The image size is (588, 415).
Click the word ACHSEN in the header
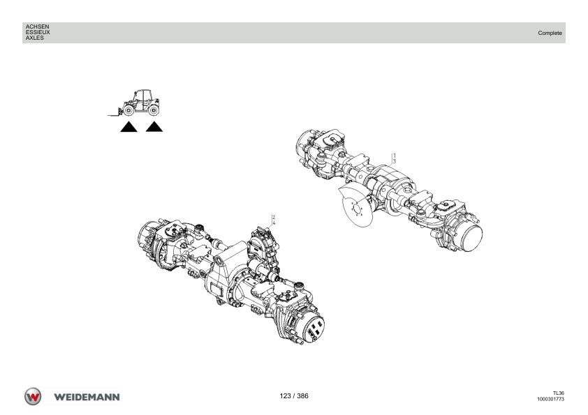pyautogui.click(x=37, y=27)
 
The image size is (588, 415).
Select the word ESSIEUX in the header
pyautogui.click(x=38, y=32)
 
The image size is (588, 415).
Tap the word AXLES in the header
pyautogui.click(x=34, y=38)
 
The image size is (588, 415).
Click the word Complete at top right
pyautogui.click(x=550, y=33)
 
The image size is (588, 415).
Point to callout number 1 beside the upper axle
pyautogui.click(x=395, y=155)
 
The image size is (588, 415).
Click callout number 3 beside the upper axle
pyautogui.click(x=395, y=161)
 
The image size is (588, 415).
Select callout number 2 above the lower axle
pyautogui.click(x=274, y=217)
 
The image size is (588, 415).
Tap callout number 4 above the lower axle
pyautogui.click(x=274, y=223)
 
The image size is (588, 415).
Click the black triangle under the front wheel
pyautogui.click(x=128, y=128)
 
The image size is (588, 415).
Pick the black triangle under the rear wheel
pyautogui.click(x=154, y=128)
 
